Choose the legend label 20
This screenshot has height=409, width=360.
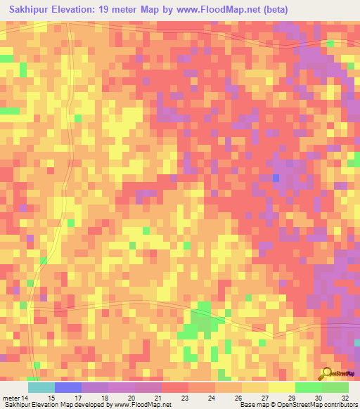[x=132, y=399]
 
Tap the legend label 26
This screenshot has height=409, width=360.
[x=239, y=399]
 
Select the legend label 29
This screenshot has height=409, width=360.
[x=292, y=399]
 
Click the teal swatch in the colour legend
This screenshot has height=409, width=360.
[x=41, y=387]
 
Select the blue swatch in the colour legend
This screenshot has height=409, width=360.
[x=68, y=387]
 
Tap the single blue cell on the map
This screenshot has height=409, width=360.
[x=276, y=178]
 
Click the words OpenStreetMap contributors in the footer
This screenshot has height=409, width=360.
[x=316, y=405]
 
